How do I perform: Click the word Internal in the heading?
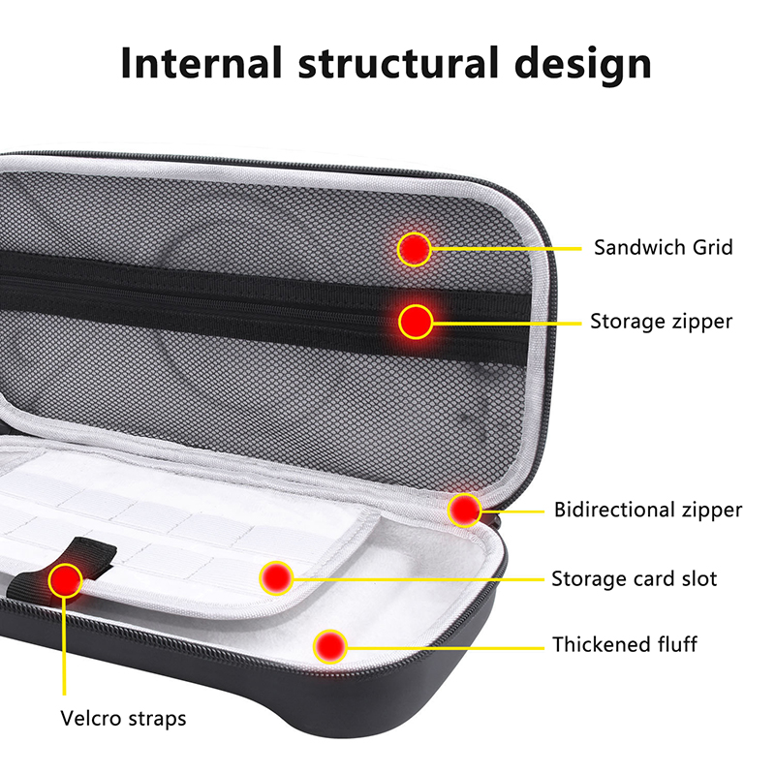pos(201,63)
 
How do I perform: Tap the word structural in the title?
pos(398,63)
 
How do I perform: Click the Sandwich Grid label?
pos(664,247)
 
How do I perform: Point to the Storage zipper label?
pos(662,322)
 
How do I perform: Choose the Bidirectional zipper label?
pos(648,510)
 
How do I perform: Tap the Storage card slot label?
pos(635,578)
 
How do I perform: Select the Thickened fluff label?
pos(625,644)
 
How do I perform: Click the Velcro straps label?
pos(123,718)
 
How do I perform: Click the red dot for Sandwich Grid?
pos(415,249)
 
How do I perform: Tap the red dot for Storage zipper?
pos(416,322)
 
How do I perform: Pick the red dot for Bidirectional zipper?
pos(465,510)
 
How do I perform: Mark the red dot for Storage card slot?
pos(277,577)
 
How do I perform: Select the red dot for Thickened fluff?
pos(330,646)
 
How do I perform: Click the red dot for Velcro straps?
pos(65,580)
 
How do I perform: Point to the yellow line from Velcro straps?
pos(64,646)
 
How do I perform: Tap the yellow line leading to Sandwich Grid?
pos(506,249)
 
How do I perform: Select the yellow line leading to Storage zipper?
pos(507,324)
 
